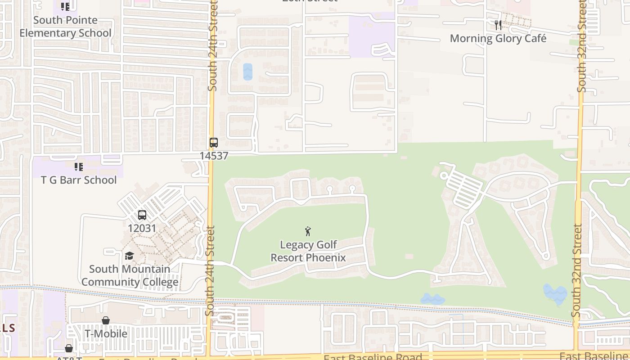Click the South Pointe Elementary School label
click(66, 27)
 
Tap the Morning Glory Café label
click(498, 39)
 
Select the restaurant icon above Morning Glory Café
click(498, 25)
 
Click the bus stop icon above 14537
click(214, 143)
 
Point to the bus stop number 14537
click(214, 156)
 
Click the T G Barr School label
click(79, 180)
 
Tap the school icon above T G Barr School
click(79, 167)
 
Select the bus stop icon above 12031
click(142, 215)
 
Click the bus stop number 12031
click(142, 228)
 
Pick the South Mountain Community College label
click(130, 276)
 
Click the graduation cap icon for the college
click(130, 256)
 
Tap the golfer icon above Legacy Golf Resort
click(308, 231)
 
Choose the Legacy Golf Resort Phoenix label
click(308, 251)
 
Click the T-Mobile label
click(106, 334)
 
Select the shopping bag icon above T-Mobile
click(106, 320)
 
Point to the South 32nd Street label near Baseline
click(577, 270)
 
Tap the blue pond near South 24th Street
click(247, 72)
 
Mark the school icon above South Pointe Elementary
click(65, 7)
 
